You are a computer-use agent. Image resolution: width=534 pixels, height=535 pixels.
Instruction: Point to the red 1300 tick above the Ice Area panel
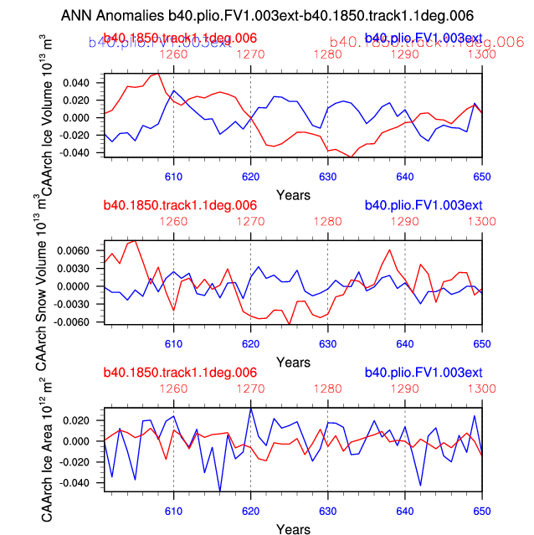(481, 388)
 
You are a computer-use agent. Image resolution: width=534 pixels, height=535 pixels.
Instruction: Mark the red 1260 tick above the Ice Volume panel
(173, 54)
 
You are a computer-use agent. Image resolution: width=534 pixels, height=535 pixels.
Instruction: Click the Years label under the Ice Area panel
(293, 529)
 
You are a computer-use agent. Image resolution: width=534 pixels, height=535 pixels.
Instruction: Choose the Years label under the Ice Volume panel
(293, 194)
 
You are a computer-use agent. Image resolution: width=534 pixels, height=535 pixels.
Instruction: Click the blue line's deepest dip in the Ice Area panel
(220, 491)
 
